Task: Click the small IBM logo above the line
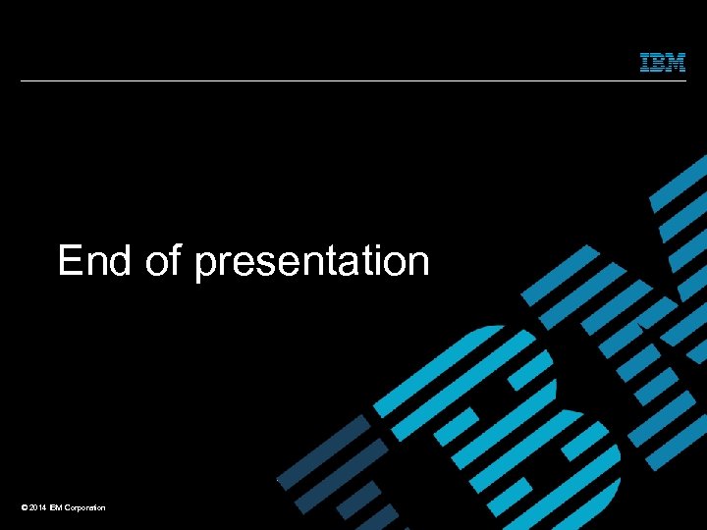[x=663, y=62]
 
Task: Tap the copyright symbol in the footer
[x=23, y=507]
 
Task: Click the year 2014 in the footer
[x=36, y=507]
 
